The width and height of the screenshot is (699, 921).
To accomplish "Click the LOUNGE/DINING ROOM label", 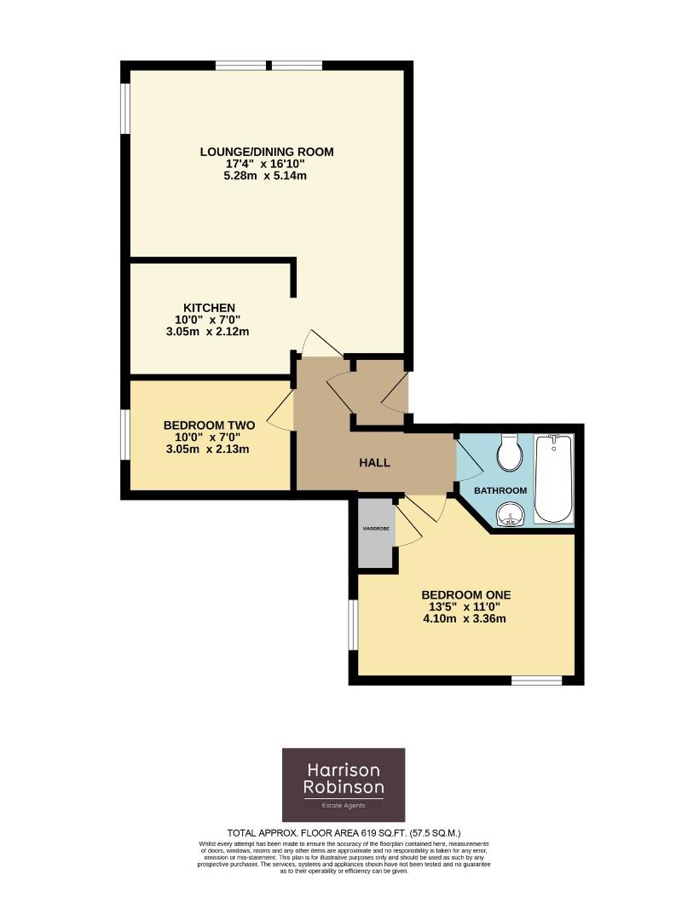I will pyautogui.click(x=266, y=152).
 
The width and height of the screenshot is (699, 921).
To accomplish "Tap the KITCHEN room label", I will pyautogui.click(x=209, y=308).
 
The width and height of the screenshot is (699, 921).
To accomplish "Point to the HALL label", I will pyautogui.click(x=374, y=463).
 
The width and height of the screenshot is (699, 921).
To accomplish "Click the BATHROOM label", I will pyautogui.click(x=500, y=490).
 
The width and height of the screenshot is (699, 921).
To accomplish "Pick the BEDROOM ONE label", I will pyautogui.click(x=465, y=595).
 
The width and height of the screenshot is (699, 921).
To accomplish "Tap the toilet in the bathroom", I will pyautogui.click(x=511, y=453).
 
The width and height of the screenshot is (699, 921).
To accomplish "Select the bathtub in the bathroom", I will pyautogui.click(x=554, y=478).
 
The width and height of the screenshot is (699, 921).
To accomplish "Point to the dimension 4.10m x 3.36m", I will pyautogui.click(x=465, y=618).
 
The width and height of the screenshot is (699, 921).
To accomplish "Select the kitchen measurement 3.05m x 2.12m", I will pyautogui.click(x=209, y=332).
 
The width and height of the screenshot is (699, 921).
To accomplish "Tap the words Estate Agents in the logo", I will pyautogui.click(x=344, y=806).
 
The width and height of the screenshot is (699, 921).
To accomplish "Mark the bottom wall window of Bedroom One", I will pyautogui.click(x=536, y=681).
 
